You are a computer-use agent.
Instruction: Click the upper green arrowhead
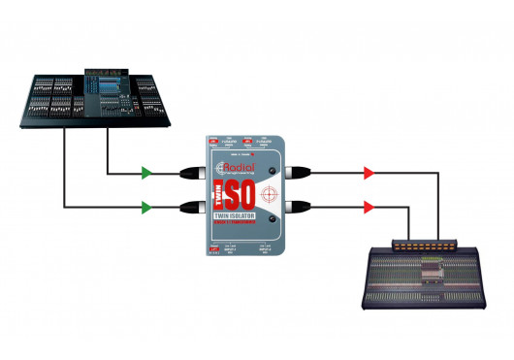[145, 175]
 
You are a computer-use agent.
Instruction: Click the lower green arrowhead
[145, 207]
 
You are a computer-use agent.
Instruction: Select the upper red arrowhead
[369, 175]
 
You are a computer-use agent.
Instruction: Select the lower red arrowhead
[369, 207]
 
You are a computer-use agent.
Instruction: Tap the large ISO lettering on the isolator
[239, 192]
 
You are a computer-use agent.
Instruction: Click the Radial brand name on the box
[239, 165]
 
